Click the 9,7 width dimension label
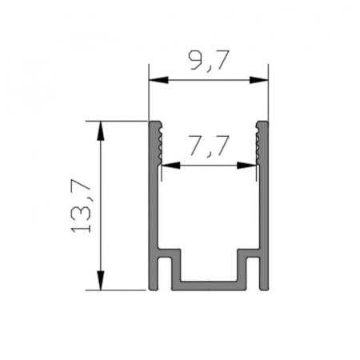tap(209, 61)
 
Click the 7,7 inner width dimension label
tap(210, 146)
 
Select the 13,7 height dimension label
tap(82, 206)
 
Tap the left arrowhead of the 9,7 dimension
tap(159, 80)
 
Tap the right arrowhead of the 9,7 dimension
tap(258, 80)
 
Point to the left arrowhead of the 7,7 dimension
tap(171, 166)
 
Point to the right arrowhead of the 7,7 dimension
tap(246, 166)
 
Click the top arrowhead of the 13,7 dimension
tap(100, 130)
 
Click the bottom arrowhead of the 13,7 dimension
tap(100, 280)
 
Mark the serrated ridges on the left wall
tap(160, 142)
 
